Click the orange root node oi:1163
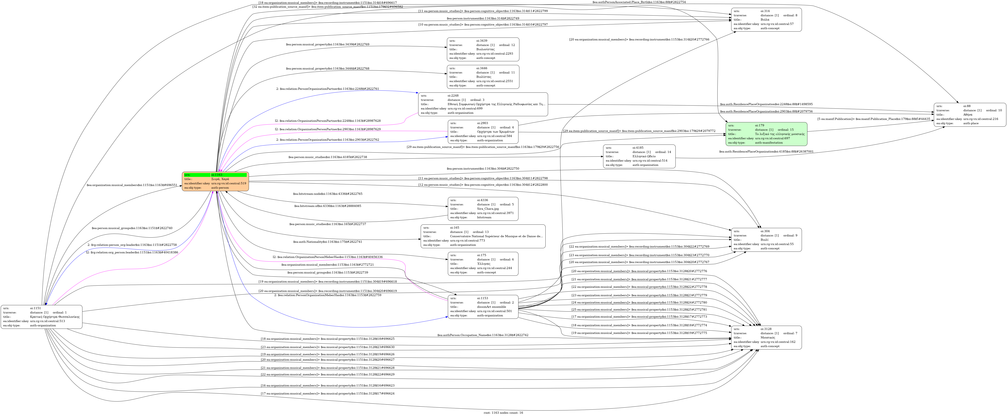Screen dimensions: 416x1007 [215, 181]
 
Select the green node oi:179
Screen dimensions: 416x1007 [766, 134]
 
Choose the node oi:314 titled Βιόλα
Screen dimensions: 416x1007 [766, 20]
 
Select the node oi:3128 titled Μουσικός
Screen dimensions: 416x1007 [766, 337]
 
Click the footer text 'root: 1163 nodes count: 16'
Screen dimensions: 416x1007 [503, 412]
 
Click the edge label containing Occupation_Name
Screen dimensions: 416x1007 [483, 335]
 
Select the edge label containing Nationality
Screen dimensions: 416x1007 [328, 242]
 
